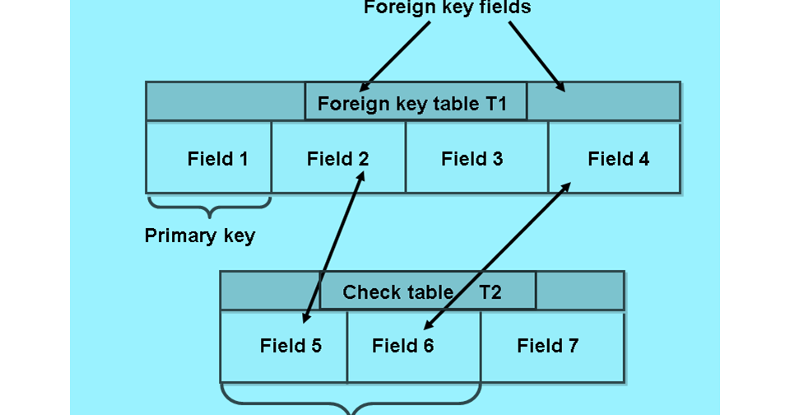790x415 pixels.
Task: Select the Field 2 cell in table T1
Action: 338,158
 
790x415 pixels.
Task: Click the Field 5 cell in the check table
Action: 284,346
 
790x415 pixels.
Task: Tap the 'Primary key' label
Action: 200,236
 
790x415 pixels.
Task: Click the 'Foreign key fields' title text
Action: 447,8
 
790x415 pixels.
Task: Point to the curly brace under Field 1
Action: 209,203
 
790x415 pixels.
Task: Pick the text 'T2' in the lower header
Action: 490,292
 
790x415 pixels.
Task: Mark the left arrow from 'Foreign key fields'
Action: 395,56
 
